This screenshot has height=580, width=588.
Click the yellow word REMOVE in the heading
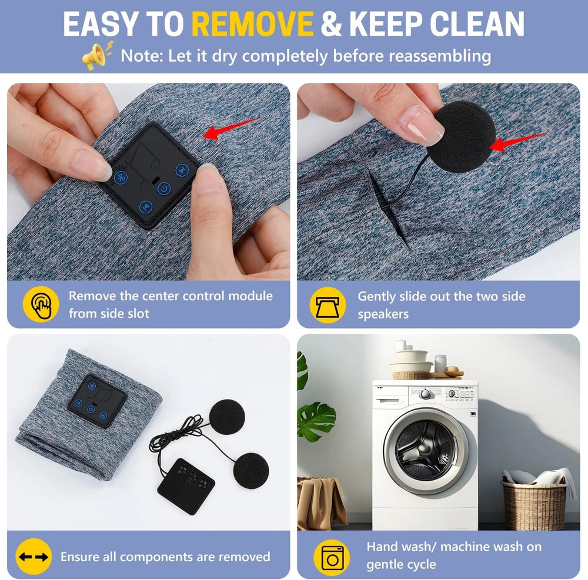click(252, 24)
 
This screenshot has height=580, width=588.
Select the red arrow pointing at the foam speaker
click(518, 142)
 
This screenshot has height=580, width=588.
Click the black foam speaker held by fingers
click(460, 136)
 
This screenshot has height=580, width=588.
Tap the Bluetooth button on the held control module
click(121, 177)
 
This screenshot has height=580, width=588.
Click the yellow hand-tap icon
click(41, 304)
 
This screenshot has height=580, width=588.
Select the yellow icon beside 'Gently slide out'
click(328, 305)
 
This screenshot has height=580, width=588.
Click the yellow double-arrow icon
click(34, 556)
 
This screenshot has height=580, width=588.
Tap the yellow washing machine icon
click(332, 557)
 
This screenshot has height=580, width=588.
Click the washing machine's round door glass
click(426, 449)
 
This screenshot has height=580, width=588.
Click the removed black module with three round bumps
click(186, 486)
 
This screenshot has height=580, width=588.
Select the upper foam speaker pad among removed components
click(227, 417)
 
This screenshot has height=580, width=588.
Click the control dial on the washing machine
click(425, 394)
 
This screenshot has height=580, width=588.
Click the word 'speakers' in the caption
click(383, 314)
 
